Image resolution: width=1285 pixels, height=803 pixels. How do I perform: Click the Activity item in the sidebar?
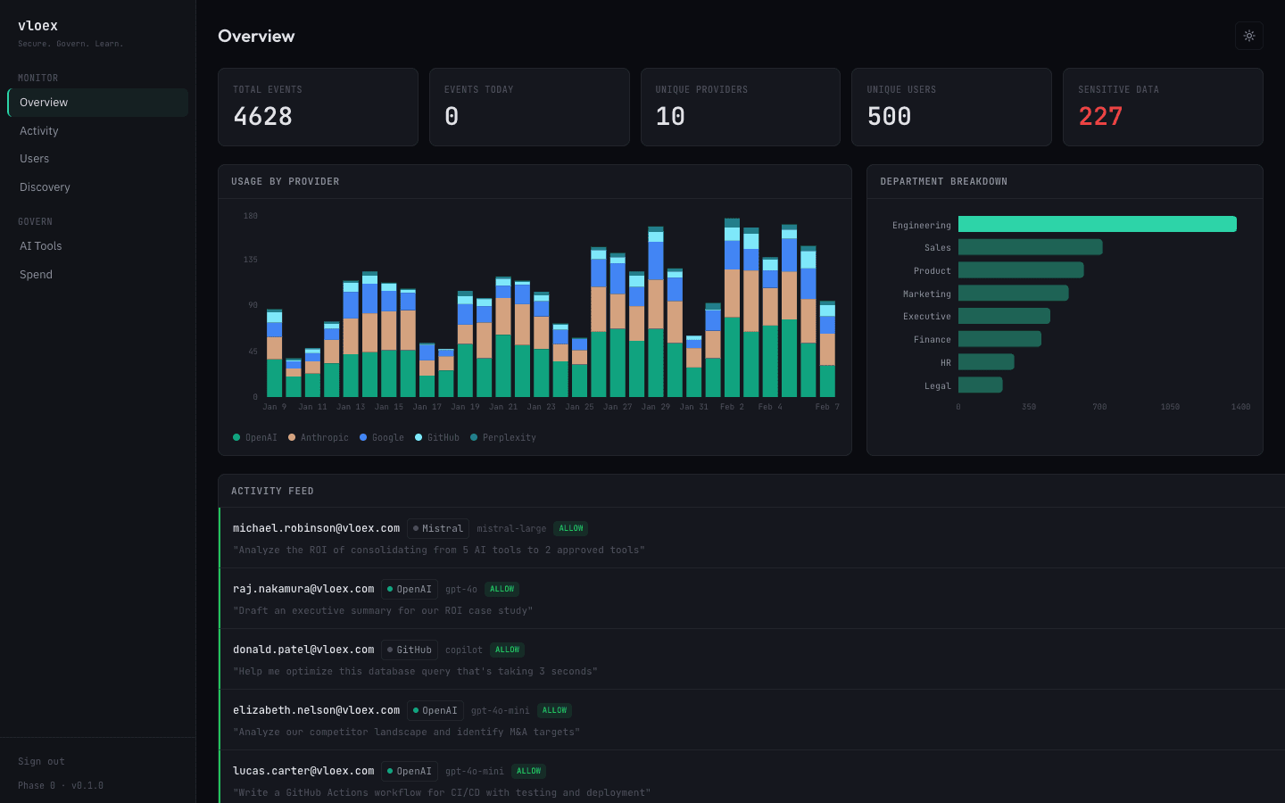pos(39,131)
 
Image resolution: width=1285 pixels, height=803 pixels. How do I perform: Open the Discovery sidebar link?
pos(45,187)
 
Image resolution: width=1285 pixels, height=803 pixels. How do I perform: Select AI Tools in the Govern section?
pos(41,246)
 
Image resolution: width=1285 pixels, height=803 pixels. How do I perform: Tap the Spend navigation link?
pos(36,275)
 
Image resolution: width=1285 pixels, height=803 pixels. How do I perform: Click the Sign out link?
pos(41,762)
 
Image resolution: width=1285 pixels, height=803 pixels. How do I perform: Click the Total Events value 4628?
pos(263,117)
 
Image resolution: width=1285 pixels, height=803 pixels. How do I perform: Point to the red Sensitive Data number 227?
pos(1100,117)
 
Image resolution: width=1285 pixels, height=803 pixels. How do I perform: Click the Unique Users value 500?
pos(889,117)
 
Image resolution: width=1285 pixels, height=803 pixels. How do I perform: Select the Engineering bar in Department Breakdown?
pos(1097,224)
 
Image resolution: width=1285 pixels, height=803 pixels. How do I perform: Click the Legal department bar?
pos(980,385)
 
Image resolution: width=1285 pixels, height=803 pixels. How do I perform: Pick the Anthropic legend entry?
pos(319,438)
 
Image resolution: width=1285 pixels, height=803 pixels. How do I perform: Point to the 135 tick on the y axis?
pos(251,260)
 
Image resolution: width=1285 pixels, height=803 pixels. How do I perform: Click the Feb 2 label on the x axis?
pos(732,407)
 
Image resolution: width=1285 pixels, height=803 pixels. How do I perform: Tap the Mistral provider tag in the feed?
pos(438,528)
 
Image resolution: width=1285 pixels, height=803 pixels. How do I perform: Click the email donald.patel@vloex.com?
pos(303,650)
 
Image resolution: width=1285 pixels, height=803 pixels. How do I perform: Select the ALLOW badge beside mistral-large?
pos(570,528)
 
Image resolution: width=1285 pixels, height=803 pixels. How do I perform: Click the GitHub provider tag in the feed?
pos(410,650)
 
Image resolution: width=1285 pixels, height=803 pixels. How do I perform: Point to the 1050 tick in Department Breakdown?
pos(1170,407)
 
